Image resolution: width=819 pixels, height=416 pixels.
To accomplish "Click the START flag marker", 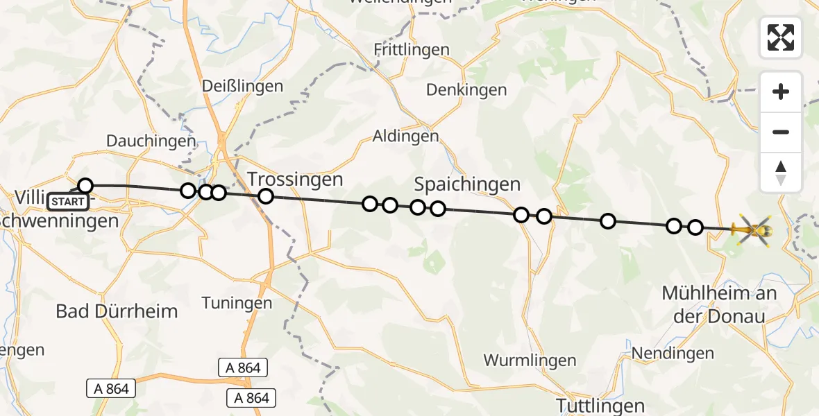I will click(x=69, y=202).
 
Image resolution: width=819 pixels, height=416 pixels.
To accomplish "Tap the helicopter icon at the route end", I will click(x=753, y=229).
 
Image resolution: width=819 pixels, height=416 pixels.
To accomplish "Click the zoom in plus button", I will click(x=781, y=92).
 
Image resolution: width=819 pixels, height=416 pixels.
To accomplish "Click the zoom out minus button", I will click(x=781, y=132).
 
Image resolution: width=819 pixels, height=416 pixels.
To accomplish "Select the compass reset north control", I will click(x=781, y=173).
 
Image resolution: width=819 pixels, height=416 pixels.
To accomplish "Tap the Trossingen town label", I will click(x=296, y=180).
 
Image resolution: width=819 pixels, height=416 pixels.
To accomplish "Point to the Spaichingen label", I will click(x=467, y=184).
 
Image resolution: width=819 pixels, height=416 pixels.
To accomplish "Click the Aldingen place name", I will click(x=406, y=136).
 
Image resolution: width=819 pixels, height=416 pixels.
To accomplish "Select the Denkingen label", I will click(x=466, y=90).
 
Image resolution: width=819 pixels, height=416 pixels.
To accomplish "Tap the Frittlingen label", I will click(x=412, y=50).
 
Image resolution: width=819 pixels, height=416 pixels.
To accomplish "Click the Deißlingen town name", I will click(x=242, y=87).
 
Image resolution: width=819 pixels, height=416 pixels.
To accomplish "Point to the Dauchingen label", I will click(x=151, y=141).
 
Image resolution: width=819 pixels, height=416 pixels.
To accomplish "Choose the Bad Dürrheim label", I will click(x=117, y=311).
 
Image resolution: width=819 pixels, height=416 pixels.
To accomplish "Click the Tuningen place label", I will click(x=236, y=303).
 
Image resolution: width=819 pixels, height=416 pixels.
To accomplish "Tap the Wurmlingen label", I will click(x=530, y=361).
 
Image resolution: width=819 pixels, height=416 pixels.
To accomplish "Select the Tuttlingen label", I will click(x=601, y=405).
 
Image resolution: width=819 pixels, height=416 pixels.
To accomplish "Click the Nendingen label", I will click(x=673, y=354).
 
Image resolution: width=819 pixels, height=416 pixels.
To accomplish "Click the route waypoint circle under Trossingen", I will click(x=266, y=196).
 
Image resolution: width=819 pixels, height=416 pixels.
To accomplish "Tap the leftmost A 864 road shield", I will click(x=112, y=389).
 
